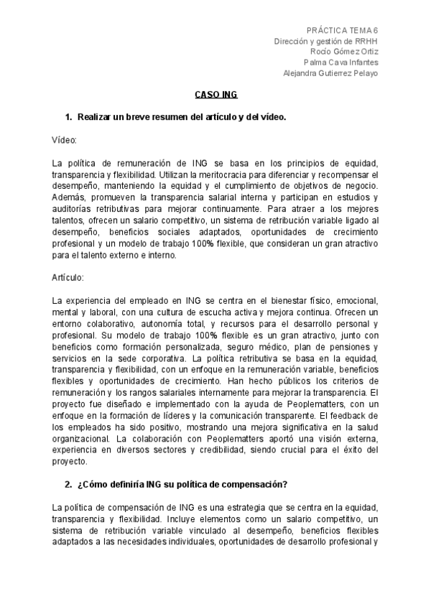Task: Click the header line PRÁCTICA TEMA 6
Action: tap(342, 30)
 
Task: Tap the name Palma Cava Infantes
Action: tap(341, 62)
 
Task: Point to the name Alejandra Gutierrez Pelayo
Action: tap(330, 73)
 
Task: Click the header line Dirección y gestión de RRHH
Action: tap(326, 41)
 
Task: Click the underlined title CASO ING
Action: tap(216, 95)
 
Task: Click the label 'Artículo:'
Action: tap(69, 276)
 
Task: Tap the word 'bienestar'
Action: tap(270, 298)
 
